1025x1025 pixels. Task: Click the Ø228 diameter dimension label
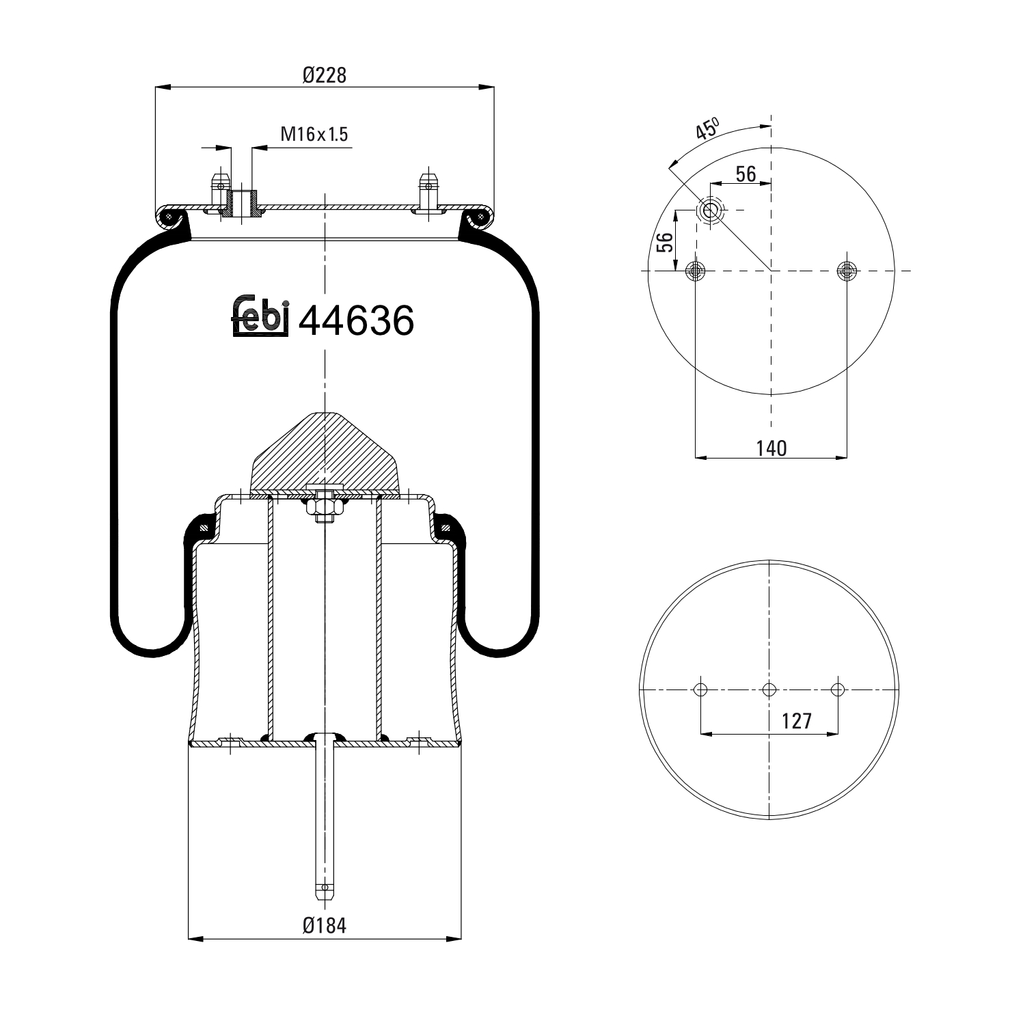coord(324,74)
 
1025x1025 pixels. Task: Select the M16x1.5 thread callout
coord(314,135)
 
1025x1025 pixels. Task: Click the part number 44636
coord(357,320)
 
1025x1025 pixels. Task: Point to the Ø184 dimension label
coord(324,926)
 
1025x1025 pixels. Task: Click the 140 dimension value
coord(771,448)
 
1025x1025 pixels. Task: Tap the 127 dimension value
coord(796,721)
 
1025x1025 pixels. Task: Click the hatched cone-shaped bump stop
coord(325,451)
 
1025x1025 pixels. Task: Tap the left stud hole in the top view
coord(696,271)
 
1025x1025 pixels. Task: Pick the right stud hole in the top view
coord(847,271)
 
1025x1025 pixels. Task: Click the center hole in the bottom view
coord(769,689)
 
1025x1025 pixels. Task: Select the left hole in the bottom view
coord(700,689)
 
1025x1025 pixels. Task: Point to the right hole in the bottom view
coord(838,689)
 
